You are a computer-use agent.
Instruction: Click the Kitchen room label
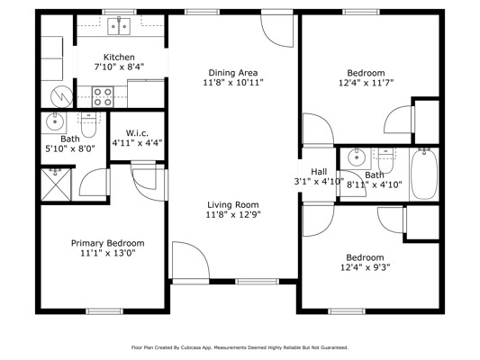[119, 58]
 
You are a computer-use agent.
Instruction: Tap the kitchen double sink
[119, 26]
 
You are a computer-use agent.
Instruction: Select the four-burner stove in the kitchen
[103, 97]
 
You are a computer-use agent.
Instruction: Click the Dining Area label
[233, 73]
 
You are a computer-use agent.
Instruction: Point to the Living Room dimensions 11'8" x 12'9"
[233, 215]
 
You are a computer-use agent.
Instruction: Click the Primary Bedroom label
[108, 244]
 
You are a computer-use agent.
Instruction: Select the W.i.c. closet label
[137, 133]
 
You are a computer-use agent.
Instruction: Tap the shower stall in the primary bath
[56, 184]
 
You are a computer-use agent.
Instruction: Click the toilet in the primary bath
[89, 125]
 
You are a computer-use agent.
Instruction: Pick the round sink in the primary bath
[55, 121]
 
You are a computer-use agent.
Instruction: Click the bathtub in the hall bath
[424, 174]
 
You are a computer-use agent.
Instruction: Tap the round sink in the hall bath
[357, 157]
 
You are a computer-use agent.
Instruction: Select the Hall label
[319, 172]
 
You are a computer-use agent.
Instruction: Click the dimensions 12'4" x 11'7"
[366, 83]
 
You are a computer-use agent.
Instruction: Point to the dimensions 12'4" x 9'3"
[366, 267]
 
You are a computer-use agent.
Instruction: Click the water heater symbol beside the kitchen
[62, 96]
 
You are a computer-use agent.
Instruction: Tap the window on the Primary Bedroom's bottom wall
[104, 311]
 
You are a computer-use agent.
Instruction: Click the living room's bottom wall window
[258, 282]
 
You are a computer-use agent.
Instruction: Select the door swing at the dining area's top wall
[277, 31]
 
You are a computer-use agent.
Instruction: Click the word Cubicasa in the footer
[189, 347]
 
